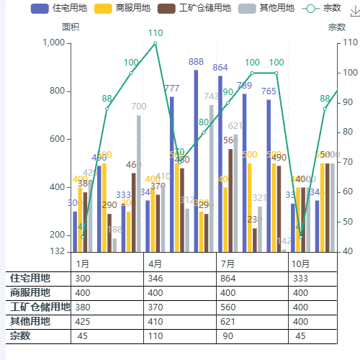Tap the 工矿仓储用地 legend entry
pos(205,9)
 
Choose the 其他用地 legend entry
pos(276,9)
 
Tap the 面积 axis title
pos(71,27)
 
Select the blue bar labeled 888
pos(196,161)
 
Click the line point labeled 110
pos(156,43)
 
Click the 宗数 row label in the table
pos(20,336)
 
